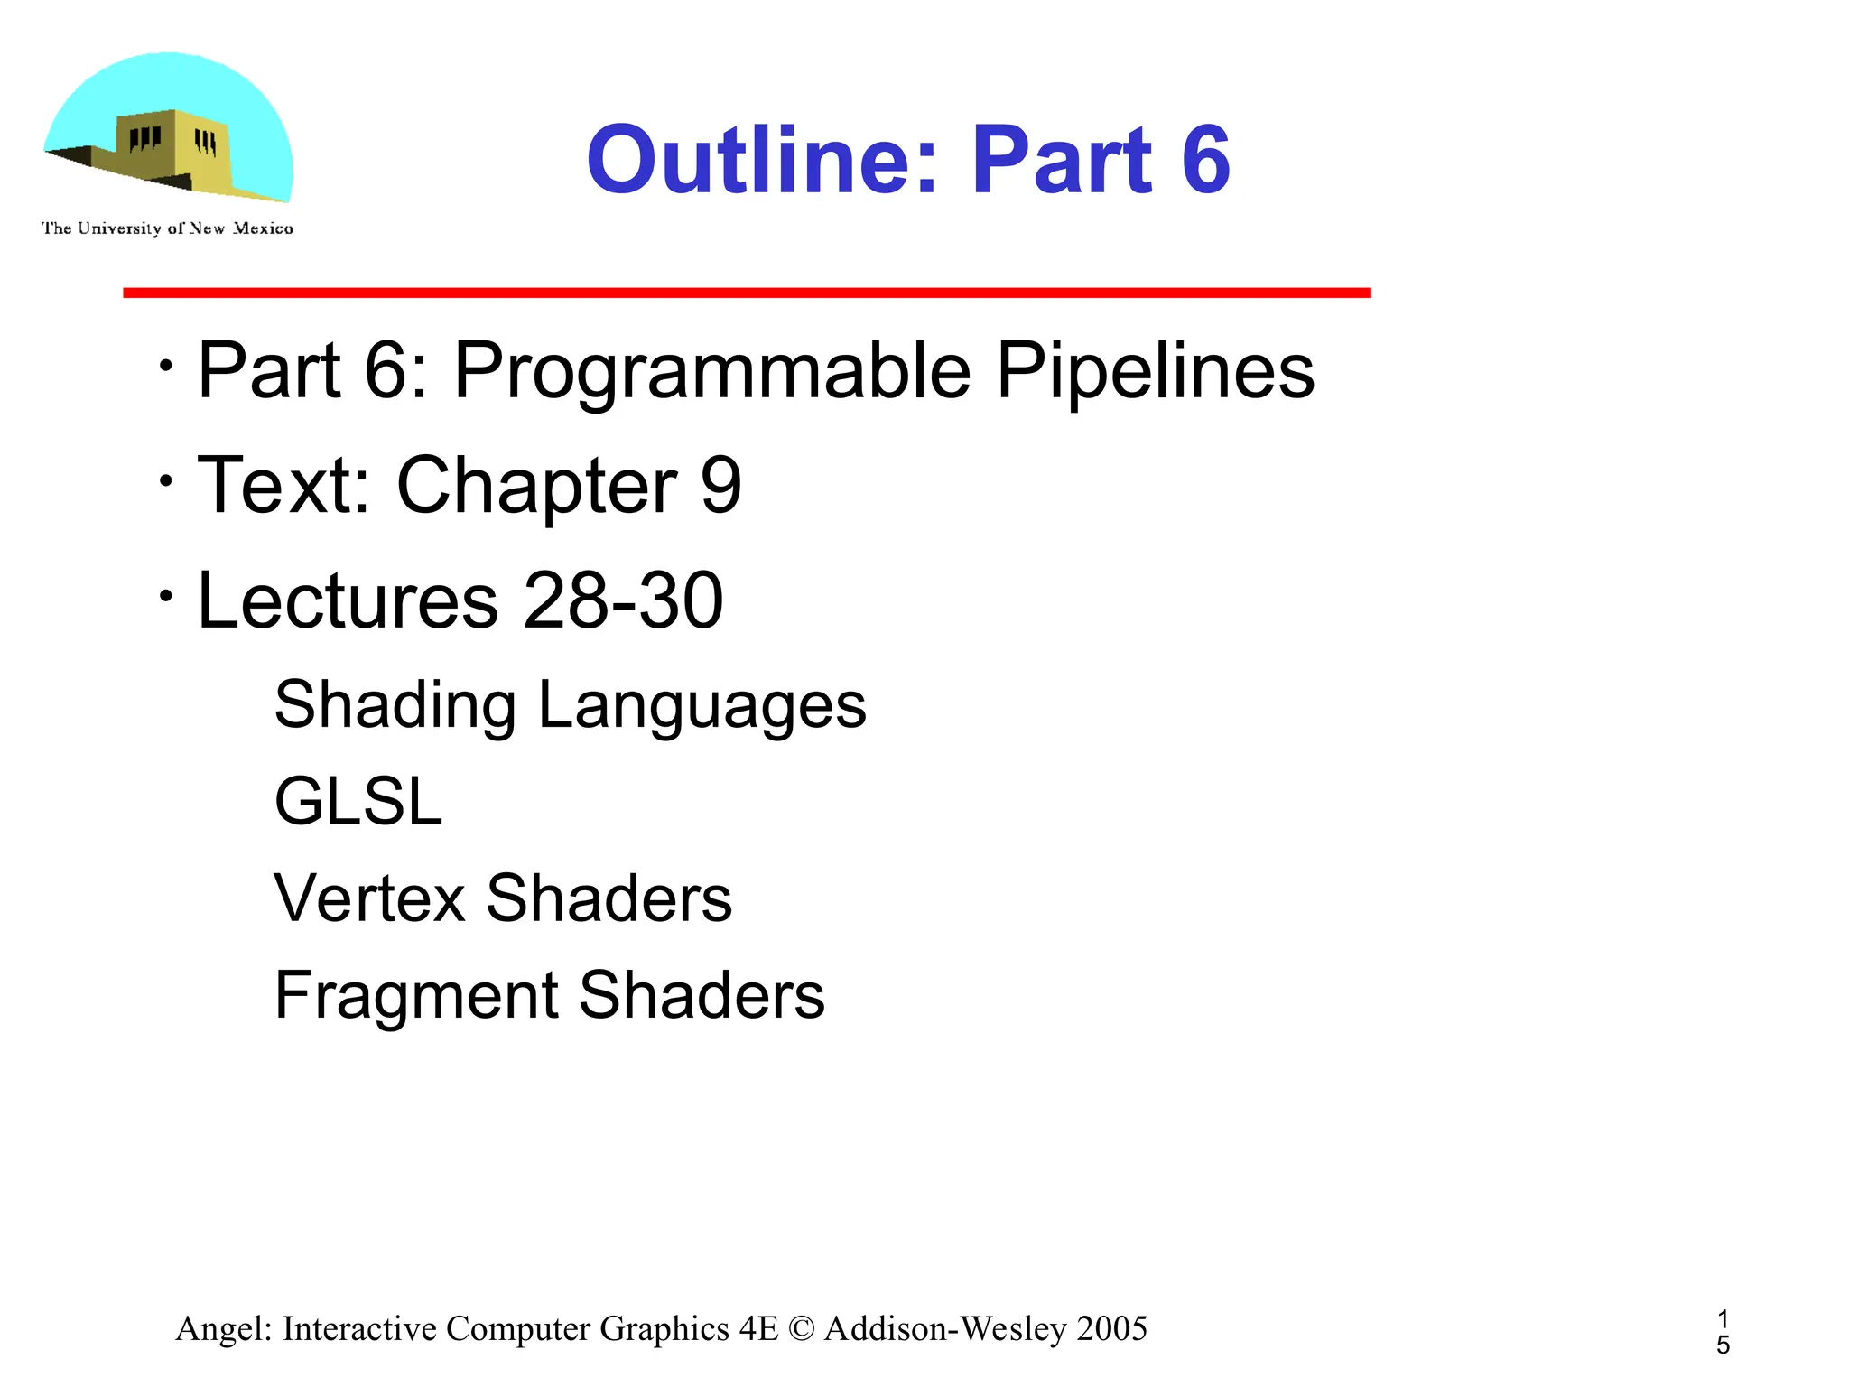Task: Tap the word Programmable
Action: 712,372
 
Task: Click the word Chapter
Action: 536,486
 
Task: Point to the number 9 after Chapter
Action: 720,486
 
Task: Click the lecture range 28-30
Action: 623,600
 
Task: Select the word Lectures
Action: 348,600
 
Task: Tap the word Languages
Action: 702,706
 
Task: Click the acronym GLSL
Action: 358,801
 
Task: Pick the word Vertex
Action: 367,898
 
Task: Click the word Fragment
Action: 415,996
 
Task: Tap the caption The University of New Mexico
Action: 167,228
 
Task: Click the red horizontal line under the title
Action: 747,293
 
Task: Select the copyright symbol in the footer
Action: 800,1329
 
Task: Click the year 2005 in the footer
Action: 1112,1329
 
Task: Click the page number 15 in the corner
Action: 1723,1333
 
